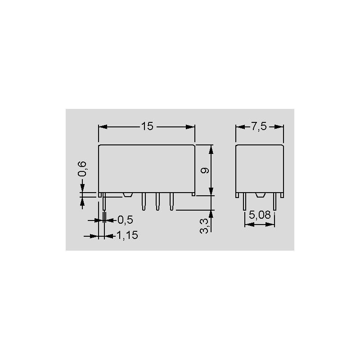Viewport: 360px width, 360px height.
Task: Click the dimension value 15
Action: [147, 126]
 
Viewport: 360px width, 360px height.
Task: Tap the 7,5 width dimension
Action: [259, 126]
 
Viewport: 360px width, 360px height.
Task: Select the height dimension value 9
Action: [205, 171]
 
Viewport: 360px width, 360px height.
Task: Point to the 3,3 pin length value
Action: [204, 226]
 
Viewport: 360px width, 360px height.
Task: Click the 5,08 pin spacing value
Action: [260, 215]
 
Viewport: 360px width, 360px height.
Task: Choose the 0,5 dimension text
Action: [125, 220]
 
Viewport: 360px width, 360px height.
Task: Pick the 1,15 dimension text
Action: [127, 235]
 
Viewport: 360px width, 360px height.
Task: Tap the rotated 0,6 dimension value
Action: [82, 169]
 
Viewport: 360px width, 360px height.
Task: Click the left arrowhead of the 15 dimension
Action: [103, 127]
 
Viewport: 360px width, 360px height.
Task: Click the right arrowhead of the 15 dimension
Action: [190, 127]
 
